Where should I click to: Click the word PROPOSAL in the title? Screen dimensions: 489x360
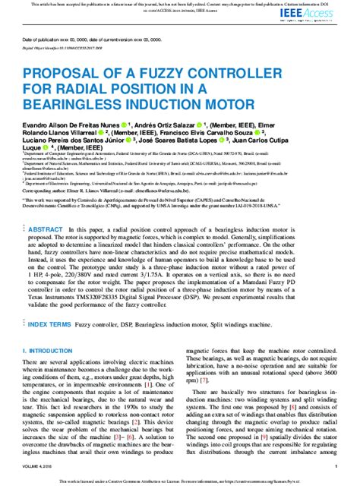coord(62,75)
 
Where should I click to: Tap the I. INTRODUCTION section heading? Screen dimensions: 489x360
coord(48,352)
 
